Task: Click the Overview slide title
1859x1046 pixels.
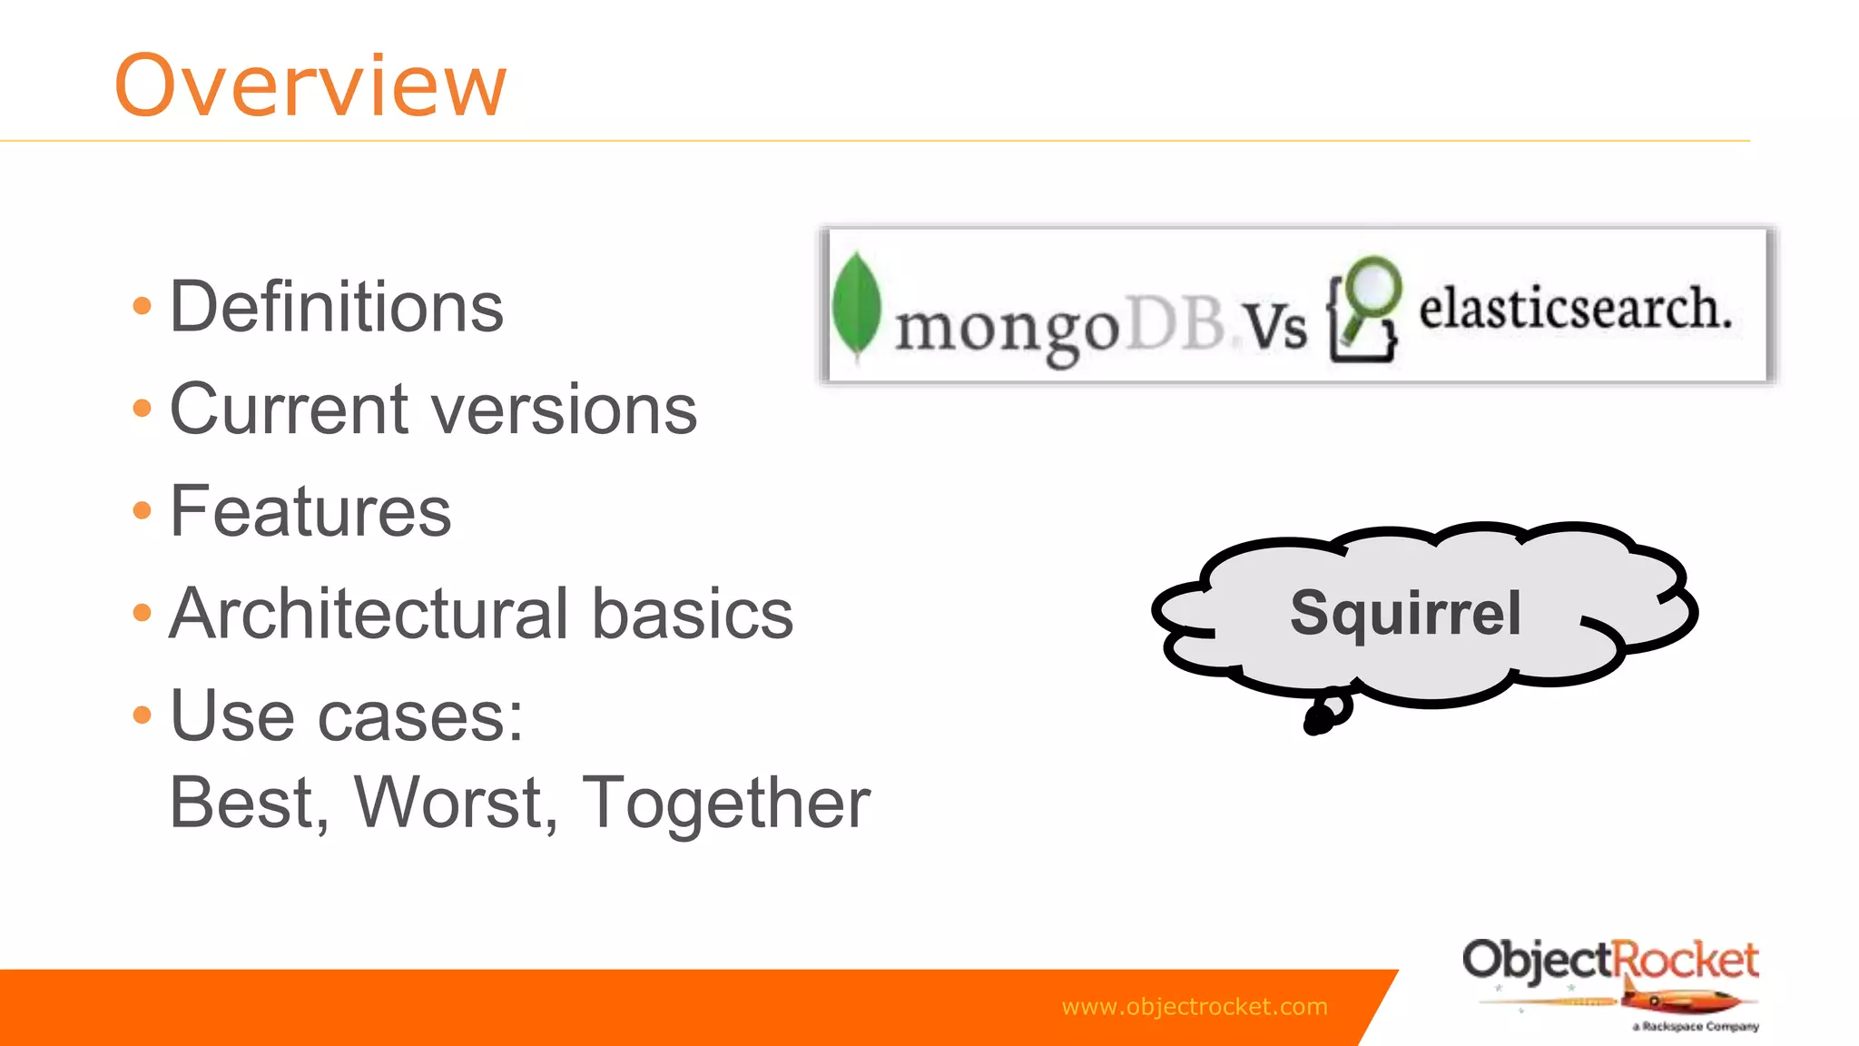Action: pos(310,85)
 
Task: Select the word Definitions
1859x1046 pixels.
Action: pos(336,307)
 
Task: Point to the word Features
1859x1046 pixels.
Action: pos(310,511)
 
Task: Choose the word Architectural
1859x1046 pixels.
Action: pos(368,614)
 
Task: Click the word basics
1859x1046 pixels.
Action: pos(692,614)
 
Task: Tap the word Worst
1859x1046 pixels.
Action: pos(454,803)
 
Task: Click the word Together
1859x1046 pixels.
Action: pos(725,804)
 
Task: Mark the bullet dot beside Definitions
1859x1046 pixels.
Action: pos(142,306)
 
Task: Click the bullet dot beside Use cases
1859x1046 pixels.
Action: pos(142,715)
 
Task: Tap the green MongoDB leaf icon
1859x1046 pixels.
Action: pos(856,306)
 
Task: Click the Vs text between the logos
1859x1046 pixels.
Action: pos(1274,325)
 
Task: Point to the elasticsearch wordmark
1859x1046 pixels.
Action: pos(1575,309)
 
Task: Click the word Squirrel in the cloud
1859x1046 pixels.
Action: pos(1405,613)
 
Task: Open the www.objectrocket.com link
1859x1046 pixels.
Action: pos(1194,1006)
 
